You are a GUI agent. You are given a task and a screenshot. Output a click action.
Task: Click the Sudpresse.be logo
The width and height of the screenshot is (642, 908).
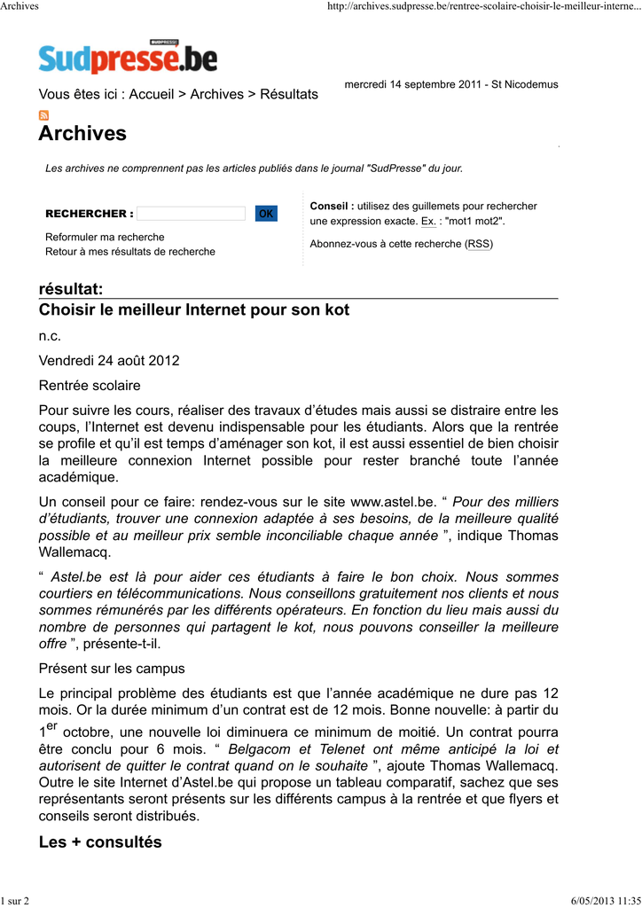(128, 58)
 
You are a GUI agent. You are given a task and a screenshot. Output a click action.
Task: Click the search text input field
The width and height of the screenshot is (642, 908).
(191, 214)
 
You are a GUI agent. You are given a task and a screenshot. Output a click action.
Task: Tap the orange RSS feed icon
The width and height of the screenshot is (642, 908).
(43, 115)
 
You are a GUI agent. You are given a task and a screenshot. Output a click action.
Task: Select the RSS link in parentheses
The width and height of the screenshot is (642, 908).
(480, 244)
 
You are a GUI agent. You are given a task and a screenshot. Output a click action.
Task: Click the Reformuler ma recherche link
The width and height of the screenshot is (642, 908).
(105, 238)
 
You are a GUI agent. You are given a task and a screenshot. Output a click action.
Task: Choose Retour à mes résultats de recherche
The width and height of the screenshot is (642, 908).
(130, 252)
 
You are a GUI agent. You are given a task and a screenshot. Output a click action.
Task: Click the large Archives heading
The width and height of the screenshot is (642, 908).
(82, 134)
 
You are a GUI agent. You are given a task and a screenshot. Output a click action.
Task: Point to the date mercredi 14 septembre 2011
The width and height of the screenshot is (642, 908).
(413, 84)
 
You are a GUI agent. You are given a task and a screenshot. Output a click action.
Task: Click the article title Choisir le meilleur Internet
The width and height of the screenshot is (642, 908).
(194, 309)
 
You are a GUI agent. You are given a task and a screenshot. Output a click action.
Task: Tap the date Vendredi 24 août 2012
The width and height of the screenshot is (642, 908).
(109, 361)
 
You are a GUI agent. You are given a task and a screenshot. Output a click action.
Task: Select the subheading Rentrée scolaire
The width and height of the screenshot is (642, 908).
(90, 386)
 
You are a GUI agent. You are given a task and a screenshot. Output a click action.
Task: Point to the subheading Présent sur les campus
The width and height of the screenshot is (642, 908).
(112, 668)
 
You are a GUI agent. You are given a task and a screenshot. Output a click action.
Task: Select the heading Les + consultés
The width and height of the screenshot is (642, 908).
(100, 842)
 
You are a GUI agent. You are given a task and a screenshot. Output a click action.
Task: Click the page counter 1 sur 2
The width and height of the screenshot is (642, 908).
(15, 901)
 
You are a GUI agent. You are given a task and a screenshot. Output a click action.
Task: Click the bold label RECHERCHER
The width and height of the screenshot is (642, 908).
(89, 214)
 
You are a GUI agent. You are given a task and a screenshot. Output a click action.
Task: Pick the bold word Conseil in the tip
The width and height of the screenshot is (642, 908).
(332, 206)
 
